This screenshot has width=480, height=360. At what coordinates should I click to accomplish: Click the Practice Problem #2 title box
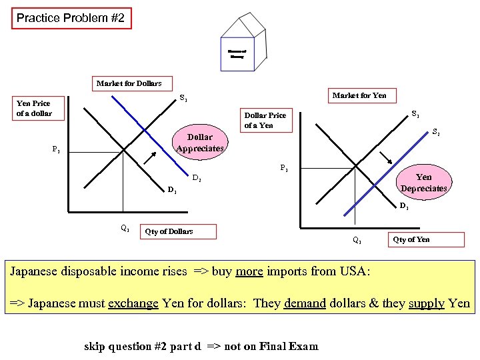click(72, 18)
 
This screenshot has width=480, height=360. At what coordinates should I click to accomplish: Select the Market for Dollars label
click(129, 83)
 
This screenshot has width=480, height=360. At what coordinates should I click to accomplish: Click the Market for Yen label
click(359, 95)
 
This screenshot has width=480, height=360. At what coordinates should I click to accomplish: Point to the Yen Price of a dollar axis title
click(33, 108)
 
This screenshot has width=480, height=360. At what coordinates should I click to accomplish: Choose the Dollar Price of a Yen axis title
click(265, 120)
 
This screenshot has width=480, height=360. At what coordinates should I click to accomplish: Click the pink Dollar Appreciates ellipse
click(199, 143)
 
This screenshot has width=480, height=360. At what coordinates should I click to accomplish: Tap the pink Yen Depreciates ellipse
click(423, 183)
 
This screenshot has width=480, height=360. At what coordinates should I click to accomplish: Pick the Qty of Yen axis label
click(411, 239)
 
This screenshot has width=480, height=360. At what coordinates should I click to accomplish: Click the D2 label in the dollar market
click(197, 178)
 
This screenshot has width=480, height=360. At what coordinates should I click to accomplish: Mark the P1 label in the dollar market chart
click(57, 150)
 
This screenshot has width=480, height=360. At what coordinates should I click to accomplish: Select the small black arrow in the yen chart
click(385, 159)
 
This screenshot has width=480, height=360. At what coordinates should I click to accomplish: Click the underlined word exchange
click(134, 303)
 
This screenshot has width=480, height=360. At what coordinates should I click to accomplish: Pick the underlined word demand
click(305, 303)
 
